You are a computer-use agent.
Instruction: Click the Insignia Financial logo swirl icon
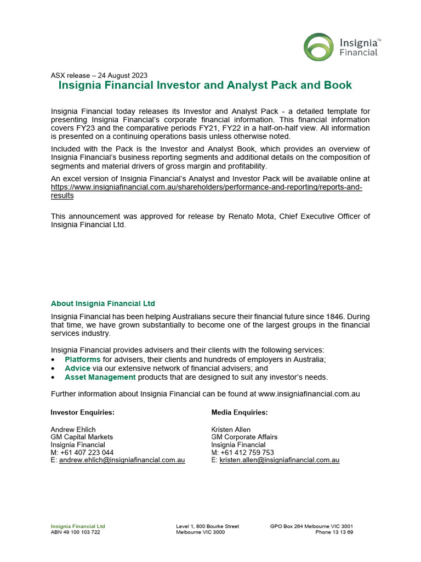click(x=319, y=46)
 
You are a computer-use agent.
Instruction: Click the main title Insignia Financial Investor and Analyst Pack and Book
click(x=205, y=86)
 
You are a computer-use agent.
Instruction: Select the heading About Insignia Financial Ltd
click(x=103, y=304)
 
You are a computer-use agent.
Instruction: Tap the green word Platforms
click(x=82, y=359)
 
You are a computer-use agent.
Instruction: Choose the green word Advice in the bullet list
click(x=77, y=368)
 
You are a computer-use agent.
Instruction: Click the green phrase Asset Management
click(x=100, y=377)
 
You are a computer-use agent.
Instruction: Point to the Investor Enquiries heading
click(x=82, y=412)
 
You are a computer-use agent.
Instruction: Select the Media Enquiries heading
click(x=240, y=412)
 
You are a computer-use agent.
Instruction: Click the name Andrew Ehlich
click(x=73, y=429)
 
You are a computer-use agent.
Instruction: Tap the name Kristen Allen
click(x=231, y=429)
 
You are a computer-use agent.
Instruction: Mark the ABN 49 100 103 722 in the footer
click(x=76, y=532)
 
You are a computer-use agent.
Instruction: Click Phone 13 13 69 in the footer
click(x=334, y=532)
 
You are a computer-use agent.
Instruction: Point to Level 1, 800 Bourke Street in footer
click(x=207, y=526)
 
